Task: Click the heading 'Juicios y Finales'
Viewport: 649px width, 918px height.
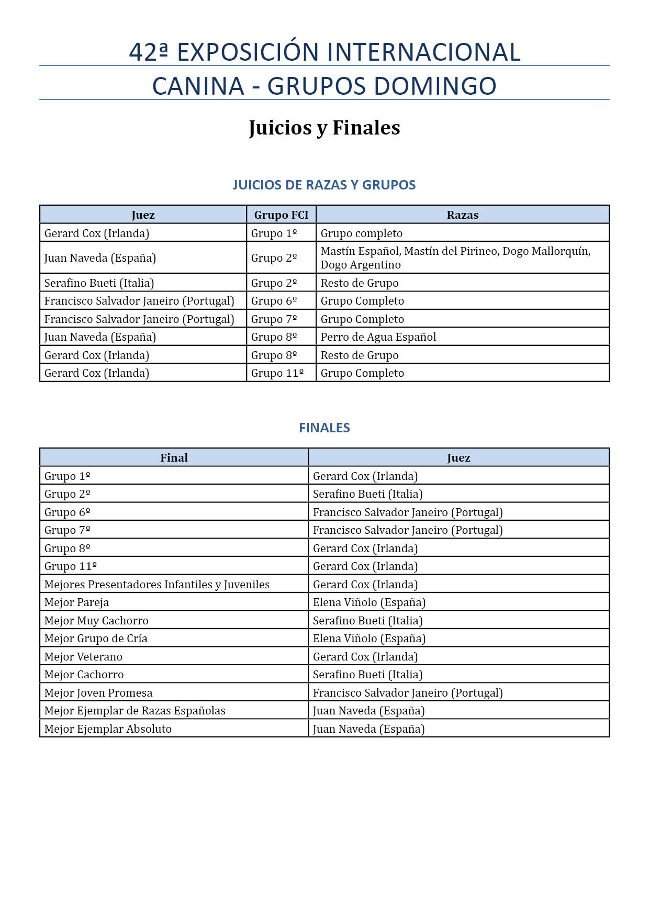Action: click(x=324, y=128)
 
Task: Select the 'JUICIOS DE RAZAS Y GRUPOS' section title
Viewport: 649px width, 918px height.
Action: click(x=324, y=185)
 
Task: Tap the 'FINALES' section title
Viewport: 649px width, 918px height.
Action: click(x=324, y=428)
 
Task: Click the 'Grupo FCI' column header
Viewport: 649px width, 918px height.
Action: click(x=281, y=215)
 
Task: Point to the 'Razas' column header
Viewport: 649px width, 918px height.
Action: click(x=462, y=215)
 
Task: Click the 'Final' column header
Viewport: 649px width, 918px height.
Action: click(x=174, y=457)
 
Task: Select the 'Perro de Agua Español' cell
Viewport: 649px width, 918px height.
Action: click(x=378, y=337)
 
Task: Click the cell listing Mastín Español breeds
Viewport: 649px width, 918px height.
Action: click(x=455, y=258)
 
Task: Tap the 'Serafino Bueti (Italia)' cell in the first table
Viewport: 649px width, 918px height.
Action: click(x=99, y=283)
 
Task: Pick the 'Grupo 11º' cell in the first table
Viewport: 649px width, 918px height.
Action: click(x=277, y=373)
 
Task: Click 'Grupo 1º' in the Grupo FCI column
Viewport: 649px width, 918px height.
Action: click(x=274, y=233)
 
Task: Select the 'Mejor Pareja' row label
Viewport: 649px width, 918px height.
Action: click(x=76, y=602)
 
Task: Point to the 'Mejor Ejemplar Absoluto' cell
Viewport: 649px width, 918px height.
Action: click(x=108, y=729)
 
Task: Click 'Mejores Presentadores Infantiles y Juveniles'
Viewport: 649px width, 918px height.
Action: click(x=156, y=584)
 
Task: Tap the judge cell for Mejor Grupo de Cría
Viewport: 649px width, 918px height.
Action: click(x=369, y=638)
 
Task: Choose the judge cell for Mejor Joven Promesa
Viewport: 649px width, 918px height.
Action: click(x=407, y=692)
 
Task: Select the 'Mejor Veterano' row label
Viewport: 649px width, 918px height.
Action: click(x=83, y=656)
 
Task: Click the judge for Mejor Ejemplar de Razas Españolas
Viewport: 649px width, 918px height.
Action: click(x=368, y=710)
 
